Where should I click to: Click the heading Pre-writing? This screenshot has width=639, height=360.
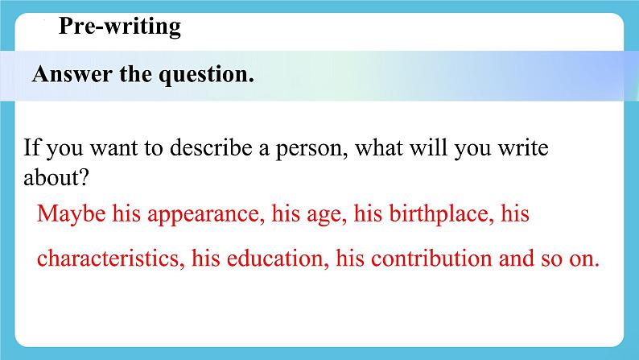click(120, 27)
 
